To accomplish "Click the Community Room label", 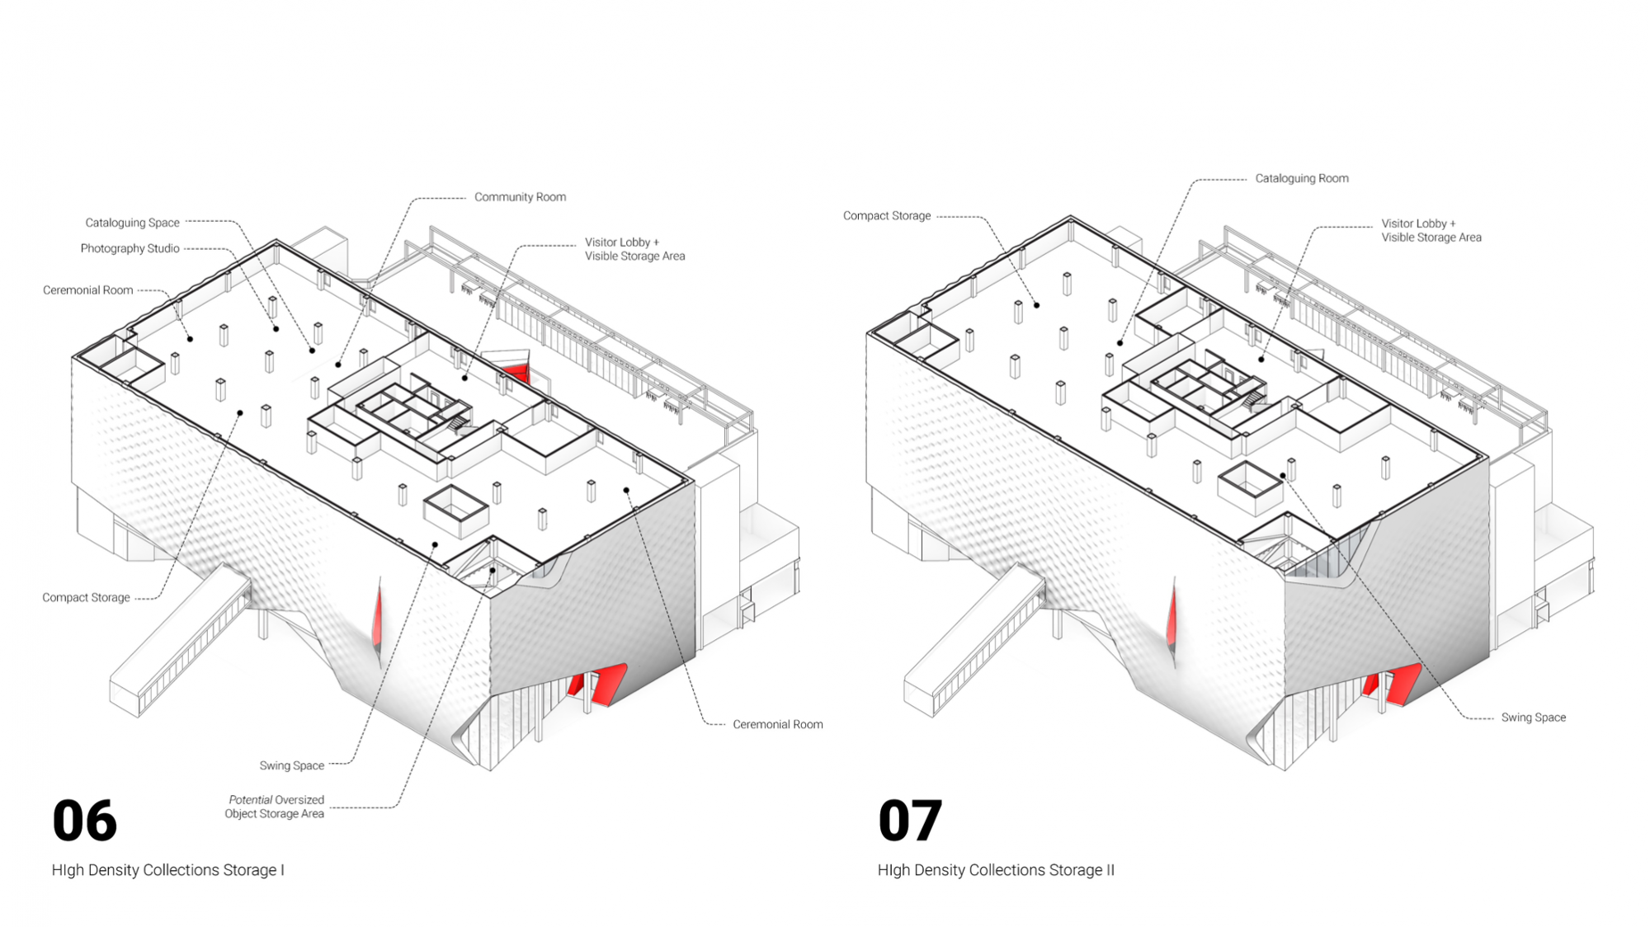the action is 520,197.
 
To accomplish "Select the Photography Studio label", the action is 130,248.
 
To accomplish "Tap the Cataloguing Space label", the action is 132,223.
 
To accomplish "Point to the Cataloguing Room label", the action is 1302,178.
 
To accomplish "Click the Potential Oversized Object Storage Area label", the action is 275,807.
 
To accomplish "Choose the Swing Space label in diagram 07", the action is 1533,718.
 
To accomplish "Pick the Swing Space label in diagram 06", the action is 292,765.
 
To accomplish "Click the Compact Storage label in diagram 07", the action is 887,216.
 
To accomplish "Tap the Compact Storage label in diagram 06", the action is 86,597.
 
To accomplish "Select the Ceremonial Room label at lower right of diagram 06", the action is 778,724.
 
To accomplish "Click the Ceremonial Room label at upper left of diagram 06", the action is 87,290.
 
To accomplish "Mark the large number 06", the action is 85,821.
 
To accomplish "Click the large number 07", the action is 910,821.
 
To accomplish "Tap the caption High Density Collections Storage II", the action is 996,870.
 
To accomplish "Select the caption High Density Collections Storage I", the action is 167,870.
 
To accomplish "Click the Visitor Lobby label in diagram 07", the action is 1431,230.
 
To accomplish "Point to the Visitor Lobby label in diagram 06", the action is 634,249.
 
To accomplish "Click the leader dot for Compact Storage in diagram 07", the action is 1036,305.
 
